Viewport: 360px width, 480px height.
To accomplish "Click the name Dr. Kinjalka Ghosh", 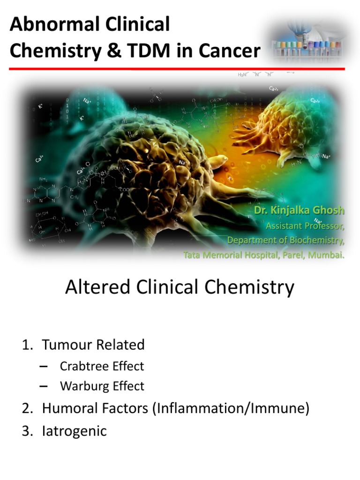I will [299, 211].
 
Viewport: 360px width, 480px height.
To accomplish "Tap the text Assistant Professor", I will [305, 226].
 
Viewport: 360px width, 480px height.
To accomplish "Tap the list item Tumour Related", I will [93, 345].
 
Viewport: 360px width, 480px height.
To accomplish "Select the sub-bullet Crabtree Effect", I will [102, 366].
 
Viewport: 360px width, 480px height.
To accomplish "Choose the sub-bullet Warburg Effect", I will [102, 386].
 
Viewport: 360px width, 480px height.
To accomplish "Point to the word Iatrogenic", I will [75, 430].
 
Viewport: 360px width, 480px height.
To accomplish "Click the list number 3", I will [26, 430].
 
